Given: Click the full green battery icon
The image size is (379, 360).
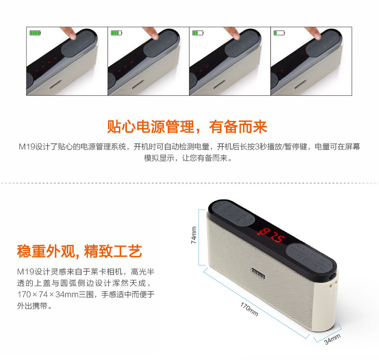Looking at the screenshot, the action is point(35,33).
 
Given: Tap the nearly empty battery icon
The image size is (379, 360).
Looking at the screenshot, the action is point(279,33).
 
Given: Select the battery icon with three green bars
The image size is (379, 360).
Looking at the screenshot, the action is point(117,33).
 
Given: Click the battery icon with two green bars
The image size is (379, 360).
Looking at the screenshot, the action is point(198,33).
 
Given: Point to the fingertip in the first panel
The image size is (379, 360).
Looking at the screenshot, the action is point(72,35).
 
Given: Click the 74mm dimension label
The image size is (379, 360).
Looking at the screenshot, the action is point(194,235).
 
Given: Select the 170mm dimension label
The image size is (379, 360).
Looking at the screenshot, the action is point(249,309).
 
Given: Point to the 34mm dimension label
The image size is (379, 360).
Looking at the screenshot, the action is point(332,339).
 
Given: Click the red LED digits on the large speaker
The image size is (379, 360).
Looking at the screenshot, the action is point(271,235).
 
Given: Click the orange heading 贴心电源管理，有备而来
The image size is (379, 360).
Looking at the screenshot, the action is point(187,126).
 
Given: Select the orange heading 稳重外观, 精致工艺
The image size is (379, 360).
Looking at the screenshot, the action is point(79,251).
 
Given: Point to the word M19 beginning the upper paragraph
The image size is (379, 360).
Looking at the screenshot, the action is point(27,146).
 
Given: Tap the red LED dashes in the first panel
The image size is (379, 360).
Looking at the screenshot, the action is point(46,64).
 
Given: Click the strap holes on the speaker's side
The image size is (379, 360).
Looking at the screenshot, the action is point(333,284).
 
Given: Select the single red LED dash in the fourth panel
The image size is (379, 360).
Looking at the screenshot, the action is point(282,71).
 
